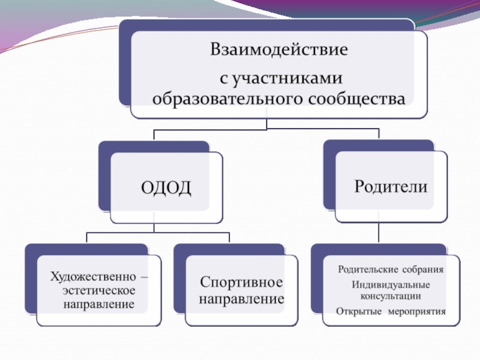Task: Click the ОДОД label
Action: coord(166,188)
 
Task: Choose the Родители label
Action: coord(391,186)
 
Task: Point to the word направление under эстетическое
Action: coord(99,304)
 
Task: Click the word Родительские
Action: coord(364,269)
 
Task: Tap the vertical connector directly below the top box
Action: coord(267,124)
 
